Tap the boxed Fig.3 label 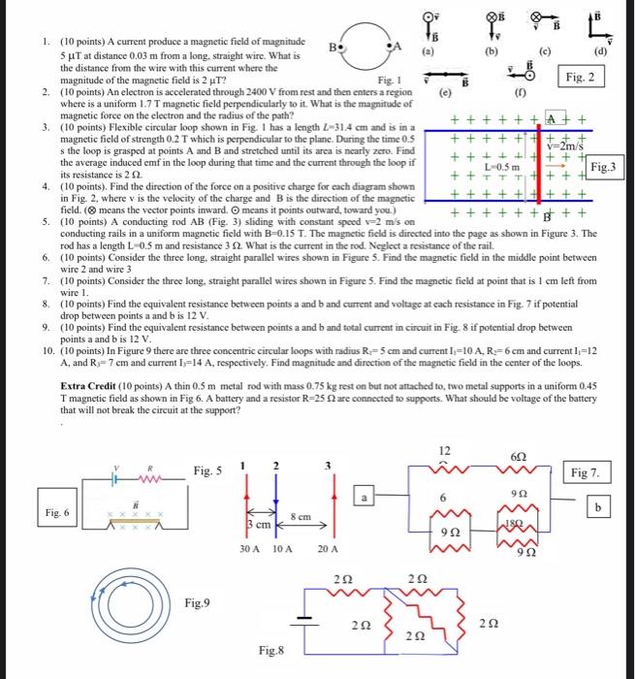pos(607,166)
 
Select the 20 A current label pos(329,549)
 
